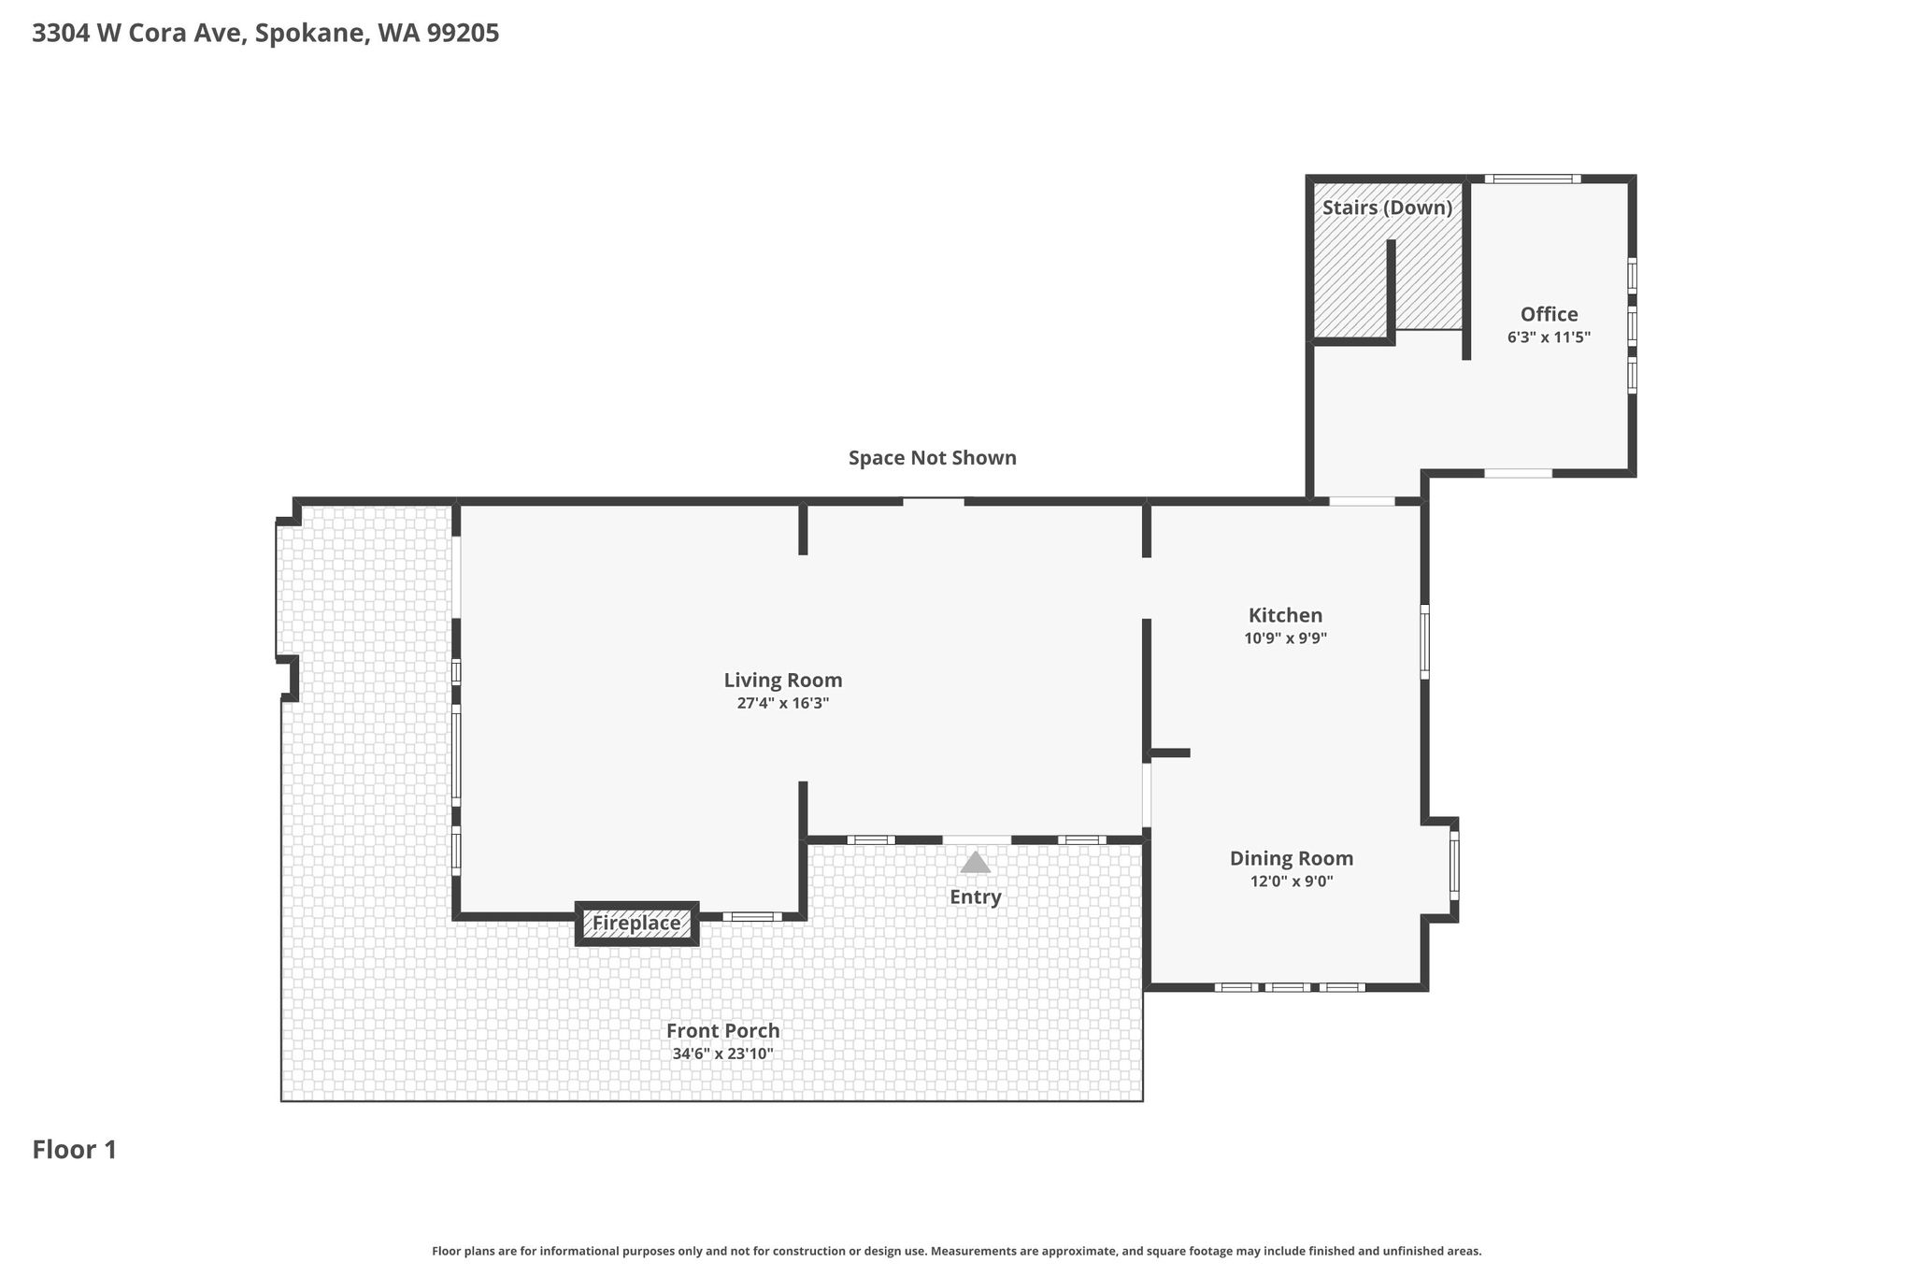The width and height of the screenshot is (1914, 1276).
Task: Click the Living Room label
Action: tap(783, 681)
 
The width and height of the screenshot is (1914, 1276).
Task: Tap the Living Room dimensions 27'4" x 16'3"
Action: tap(783, 704)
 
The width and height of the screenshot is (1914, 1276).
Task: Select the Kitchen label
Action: tap(1286, 615)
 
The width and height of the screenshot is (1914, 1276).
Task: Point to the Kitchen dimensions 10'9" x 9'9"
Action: tap(1286, 638)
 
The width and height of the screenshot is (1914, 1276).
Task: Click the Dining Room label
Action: tap(1292, 858)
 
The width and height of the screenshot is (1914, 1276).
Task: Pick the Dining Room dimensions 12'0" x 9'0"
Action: tap(1292, 881)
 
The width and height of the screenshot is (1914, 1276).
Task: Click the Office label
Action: tap(1550, 314)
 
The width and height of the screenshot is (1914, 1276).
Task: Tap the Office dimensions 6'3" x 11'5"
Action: tap(1550, 337)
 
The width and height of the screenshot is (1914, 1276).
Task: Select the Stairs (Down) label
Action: tap(1388, 208)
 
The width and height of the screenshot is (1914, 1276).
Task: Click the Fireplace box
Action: tap(636, 924)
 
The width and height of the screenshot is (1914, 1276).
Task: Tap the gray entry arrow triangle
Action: tap(976, 862)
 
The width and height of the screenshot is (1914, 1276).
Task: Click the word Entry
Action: tap(976, 897)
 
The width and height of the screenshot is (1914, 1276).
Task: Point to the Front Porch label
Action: tap(723, 1030)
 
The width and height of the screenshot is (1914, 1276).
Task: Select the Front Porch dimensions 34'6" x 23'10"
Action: tap(723, 1054)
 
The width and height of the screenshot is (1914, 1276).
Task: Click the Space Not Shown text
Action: tap(933, 458)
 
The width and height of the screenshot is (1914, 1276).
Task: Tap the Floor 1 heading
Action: tap(75, 1150)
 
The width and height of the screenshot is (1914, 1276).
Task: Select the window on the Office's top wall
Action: tap(1533, 179)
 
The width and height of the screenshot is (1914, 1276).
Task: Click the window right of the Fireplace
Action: tap(752, 916)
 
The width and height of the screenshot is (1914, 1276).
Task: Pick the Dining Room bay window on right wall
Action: tap(1454, 866)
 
